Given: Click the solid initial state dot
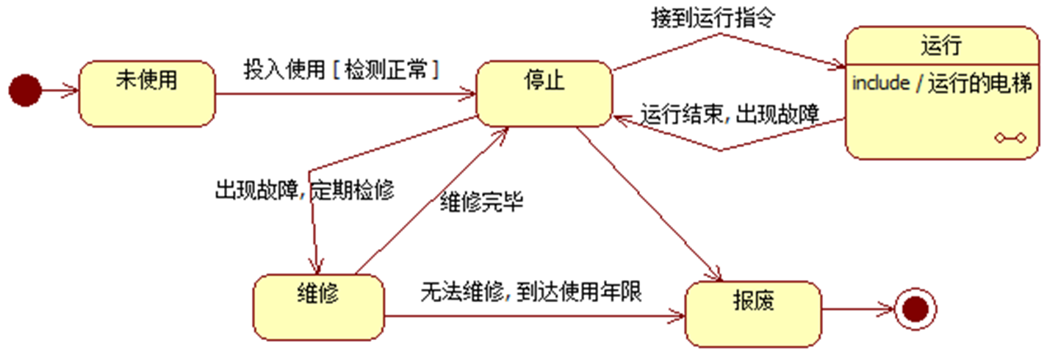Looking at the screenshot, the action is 25,90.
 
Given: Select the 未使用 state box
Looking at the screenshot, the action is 147,93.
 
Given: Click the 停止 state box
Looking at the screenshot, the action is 544,93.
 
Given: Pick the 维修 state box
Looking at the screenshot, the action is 318,307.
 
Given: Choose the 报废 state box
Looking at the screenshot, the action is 752,312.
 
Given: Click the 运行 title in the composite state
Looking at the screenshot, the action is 940,47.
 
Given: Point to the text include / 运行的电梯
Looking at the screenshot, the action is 940,83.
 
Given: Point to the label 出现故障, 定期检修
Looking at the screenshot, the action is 304,190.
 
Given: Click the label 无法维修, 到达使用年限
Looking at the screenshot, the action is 531,292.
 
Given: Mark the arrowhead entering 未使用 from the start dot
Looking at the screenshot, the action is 73,91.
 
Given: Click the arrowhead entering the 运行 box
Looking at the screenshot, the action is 838,68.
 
